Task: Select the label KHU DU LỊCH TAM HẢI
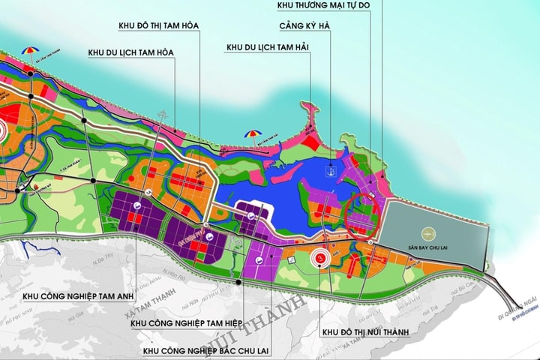click(268, 48)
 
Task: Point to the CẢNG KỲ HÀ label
click(304, 26)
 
